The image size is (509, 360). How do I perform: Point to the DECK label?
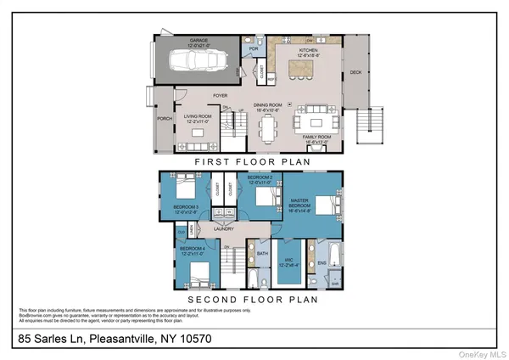pyautogui.click(x=355, y=72)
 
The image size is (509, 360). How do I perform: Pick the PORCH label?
pyautogui.click(x=164, y=119)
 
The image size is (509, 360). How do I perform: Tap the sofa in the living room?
pyautogui.click(x=192, y=134)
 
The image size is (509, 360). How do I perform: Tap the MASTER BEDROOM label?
pyautogui.click(x=299, y=205)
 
